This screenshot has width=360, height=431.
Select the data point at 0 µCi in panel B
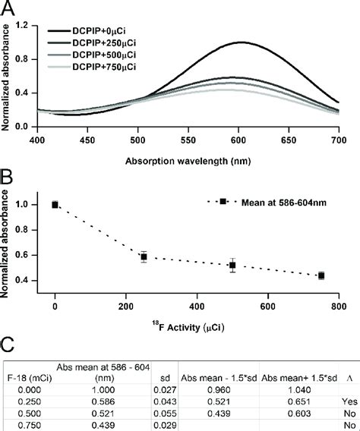pos(55,204)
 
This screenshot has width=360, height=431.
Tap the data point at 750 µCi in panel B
pos(321,275)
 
